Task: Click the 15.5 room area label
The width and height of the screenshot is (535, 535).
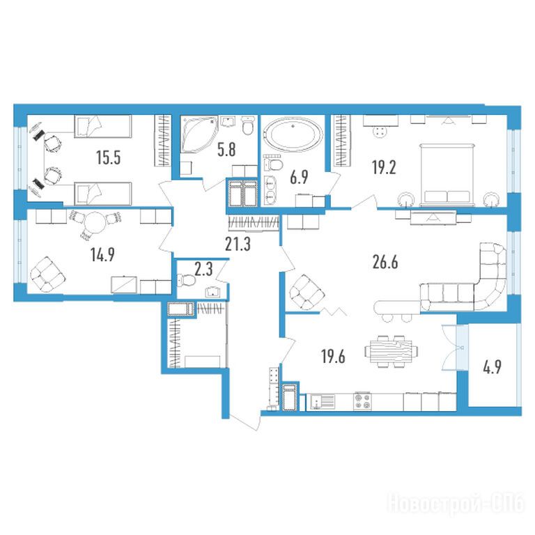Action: click(108, 158)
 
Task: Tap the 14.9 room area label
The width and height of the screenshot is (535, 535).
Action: click(102, 254)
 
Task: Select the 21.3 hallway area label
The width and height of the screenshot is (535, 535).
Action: click(238, 244)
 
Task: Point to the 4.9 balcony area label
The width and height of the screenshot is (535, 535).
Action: click(493, 368)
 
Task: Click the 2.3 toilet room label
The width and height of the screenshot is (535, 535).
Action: click(203, 269)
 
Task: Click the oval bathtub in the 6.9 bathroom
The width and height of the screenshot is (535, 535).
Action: click(293, 134)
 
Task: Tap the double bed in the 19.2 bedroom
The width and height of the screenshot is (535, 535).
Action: click(447, 175)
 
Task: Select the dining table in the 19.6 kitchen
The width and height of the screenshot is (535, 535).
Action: click(391, 351)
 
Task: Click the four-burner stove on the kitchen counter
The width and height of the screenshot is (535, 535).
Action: click(362, 401)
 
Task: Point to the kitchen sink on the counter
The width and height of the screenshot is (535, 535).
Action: click(323, 401)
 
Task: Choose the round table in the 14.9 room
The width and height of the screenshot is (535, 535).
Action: click(95, 223)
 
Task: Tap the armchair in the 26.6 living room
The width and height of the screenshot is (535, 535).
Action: click(306, 293)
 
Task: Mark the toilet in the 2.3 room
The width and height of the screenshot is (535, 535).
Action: click(186, 281)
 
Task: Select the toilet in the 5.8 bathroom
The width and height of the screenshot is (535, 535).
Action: click(248, 126)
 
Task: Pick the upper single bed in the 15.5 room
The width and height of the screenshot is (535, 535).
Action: click(102, 126)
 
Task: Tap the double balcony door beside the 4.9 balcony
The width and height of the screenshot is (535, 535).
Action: click(455, 348)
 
